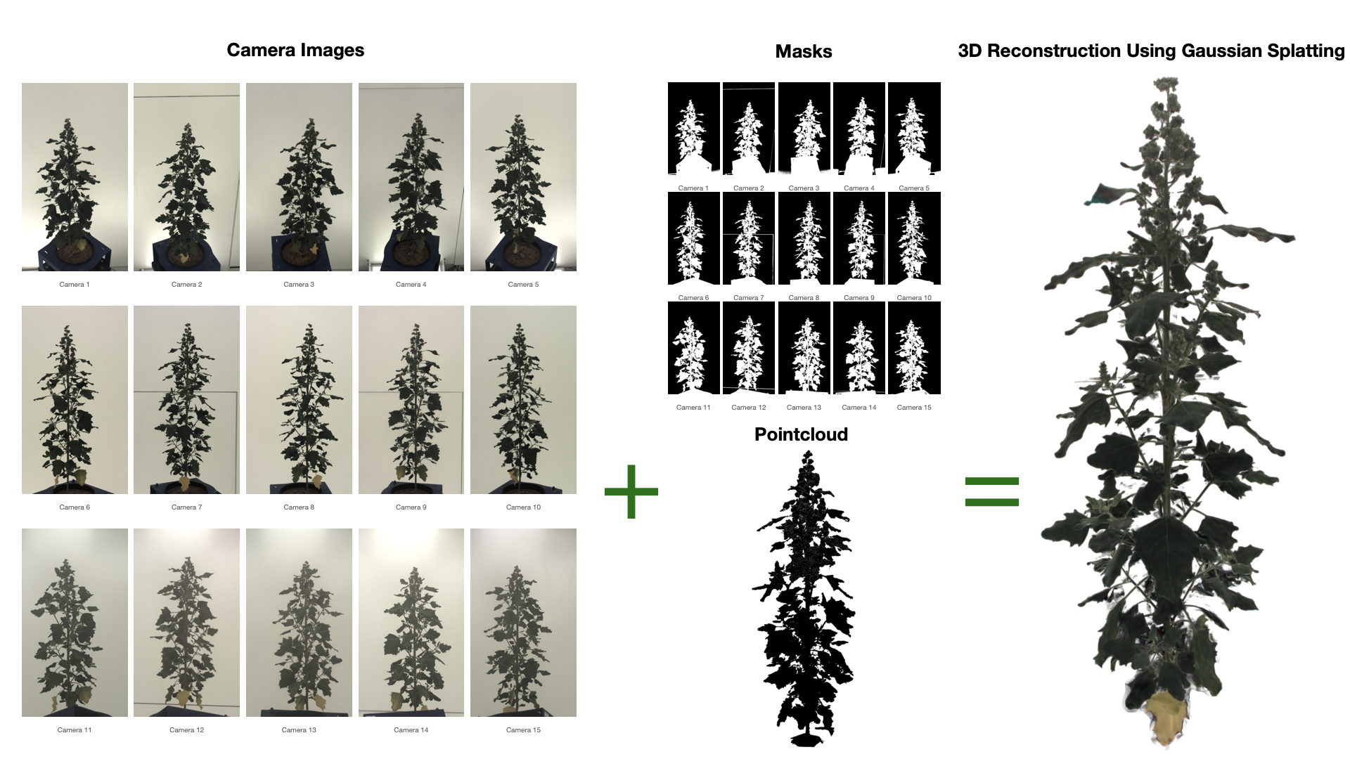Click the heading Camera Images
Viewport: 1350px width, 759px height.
295,51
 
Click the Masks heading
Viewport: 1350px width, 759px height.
804,51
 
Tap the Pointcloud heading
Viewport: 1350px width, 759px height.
801,434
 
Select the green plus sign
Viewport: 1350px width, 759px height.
631,492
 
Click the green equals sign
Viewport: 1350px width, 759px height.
992,492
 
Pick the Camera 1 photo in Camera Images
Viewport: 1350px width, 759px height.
75,177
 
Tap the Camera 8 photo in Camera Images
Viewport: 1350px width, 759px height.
299,400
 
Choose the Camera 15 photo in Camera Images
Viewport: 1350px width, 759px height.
523,623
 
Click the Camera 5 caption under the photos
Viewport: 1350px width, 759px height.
523,285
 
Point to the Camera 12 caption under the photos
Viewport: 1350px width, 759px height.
186,730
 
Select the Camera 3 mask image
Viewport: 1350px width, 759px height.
804,129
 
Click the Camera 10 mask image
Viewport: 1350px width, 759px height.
914,238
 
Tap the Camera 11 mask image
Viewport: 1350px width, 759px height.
694,348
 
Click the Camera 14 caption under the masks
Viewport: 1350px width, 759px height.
859,408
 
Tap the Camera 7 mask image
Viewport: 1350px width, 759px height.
749,238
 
